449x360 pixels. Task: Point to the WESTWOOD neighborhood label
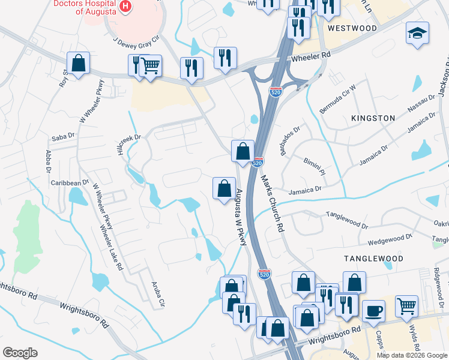352,28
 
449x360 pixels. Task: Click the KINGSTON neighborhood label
373,118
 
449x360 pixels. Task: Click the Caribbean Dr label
69,182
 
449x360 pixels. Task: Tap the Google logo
20,353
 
